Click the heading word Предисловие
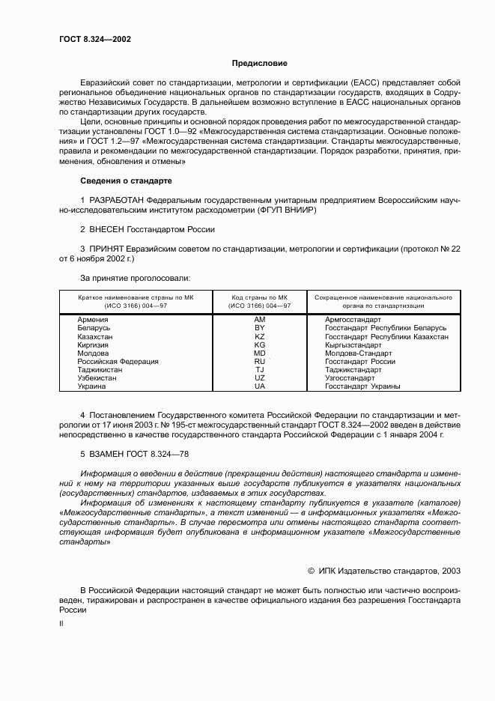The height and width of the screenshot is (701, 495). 259,64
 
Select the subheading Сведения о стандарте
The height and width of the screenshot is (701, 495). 126,180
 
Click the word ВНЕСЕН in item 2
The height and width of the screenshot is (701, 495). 109,230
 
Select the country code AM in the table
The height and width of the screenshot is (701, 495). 260,320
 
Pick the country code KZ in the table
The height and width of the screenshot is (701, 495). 260,337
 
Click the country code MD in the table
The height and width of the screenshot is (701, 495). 260,353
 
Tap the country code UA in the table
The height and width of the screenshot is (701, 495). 260,386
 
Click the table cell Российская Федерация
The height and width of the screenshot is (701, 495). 118,362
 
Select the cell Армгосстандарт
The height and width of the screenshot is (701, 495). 353,320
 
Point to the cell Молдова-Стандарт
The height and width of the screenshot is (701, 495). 358,353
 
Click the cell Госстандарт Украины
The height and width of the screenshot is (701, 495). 362,386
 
